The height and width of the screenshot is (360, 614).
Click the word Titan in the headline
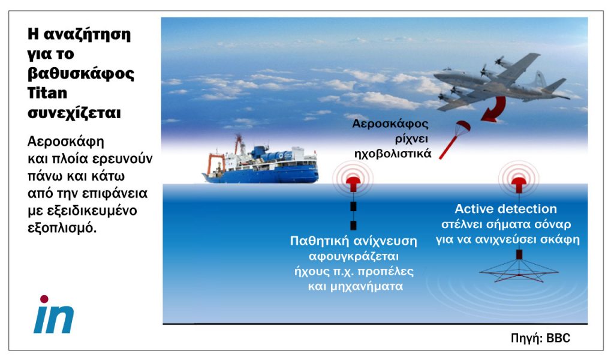47,93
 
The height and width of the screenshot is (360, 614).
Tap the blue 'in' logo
53,314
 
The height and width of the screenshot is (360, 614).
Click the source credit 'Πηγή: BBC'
540,338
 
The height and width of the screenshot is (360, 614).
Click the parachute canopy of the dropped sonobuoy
462,127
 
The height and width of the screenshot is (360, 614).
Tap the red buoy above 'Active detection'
519,182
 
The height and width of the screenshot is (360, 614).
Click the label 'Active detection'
505,209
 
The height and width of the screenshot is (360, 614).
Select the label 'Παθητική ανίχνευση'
354,241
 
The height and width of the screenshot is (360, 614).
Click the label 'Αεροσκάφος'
390,124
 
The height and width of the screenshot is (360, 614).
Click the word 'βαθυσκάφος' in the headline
81,74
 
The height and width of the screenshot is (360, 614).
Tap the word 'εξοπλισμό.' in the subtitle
62,228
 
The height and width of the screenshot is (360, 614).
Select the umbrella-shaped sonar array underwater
519,271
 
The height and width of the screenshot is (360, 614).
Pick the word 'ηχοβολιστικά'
393,154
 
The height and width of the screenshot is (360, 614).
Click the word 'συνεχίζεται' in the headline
74,113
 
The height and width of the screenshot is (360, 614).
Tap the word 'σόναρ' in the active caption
552,224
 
